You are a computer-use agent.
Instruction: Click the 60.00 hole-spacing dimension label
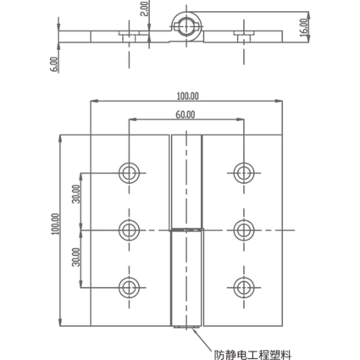click(x=186, y=114)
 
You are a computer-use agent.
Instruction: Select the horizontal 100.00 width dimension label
click(x=188, y=97)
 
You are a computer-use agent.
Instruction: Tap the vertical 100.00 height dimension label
click(x=56, y=224)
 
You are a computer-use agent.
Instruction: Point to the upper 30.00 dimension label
click(x=76, y=194)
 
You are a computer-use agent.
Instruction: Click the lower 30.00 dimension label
click(x=76, y=258)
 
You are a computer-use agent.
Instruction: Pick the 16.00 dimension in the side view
click(x=303, y=27)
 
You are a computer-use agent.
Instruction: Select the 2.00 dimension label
click(x=144, y=8)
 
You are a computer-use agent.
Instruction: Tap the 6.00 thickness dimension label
click(x=55, y=64)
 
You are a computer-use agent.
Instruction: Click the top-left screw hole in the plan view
click(x=129, y=173)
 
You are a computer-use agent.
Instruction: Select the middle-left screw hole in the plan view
click(x=129, y=230)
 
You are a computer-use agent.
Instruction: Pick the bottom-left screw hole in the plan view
click(x=129, y=288)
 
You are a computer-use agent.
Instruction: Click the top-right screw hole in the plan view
click(x=244, y=173)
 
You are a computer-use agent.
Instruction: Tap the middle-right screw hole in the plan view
click(x=244, y=230)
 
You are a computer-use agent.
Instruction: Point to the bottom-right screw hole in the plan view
click(x=244, y=288)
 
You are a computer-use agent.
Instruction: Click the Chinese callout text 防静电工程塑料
click(x=252, y=354)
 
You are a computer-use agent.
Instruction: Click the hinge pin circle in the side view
click(x=186, y=26)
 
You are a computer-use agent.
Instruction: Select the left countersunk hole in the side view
click(x=129, y=36)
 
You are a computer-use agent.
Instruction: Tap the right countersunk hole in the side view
click(x=244, y=36)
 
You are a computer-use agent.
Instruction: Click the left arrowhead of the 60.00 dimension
click(x=132, y=119)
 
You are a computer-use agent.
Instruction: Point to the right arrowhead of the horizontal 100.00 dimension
click(x=279, y=101)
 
